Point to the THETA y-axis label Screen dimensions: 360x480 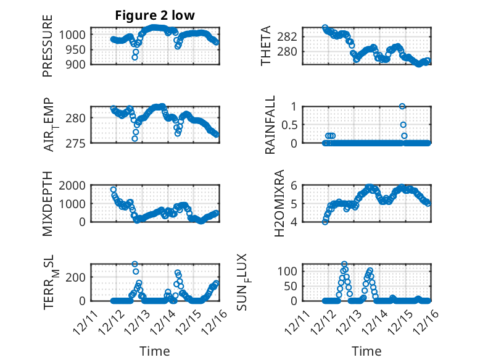coord(266,46)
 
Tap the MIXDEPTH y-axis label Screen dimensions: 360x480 coord(48,204)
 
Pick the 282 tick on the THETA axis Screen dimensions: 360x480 coord(291,36)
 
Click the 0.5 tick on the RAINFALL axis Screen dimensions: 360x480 coord(290,124)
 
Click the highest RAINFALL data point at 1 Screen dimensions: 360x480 coord(402,106)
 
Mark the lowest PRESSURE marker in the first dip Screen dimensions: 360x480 coord(135,57)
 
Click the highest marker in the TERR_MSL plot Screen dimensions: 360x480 coord(135,264)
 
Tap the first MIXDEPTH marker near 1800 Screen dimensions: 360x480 coord(114,190)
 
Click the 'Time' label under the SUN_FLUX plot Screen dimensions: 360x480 coord(366,351)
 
